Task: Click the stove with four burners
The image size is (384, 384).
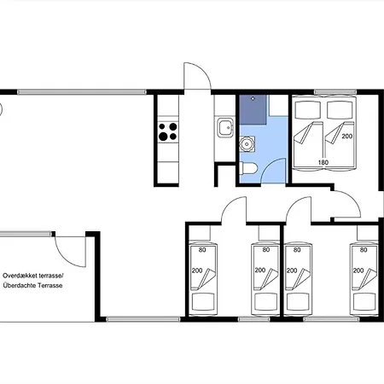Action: (168, 131)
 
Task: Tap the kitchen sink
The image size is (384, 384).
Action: (225, 127)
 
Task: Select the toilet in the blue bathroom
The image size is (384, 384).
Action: (248, 168)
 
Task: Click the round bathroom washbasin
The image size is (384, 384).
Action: (247, 144)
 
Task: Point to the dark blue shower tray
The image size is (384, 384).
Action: (253, 109)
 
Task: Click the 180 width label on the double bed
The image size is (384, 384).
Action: (323, 162)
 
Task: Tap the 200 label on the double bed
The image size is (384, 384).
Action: (347, 137)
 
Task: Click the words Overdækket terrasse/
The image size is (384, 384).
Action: (33, 276)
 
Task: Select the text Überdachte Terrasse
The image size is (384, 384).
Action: (32, 286)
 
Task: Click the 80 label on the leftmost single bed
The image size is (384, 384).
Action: (202, 250)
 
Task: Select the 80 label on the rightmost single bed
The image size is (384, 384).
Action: (364, 250)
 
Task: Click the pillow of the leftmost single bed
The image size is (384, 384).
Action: (203, 302)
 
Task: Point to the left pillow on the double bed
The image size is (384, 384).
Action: (308, 110)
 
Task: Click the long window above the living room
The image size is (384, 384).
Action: (82, 92)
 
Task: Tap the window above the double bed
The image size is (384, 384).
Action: (335, 92)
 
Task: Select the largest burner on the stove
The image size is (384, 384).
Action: (163, 137)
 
